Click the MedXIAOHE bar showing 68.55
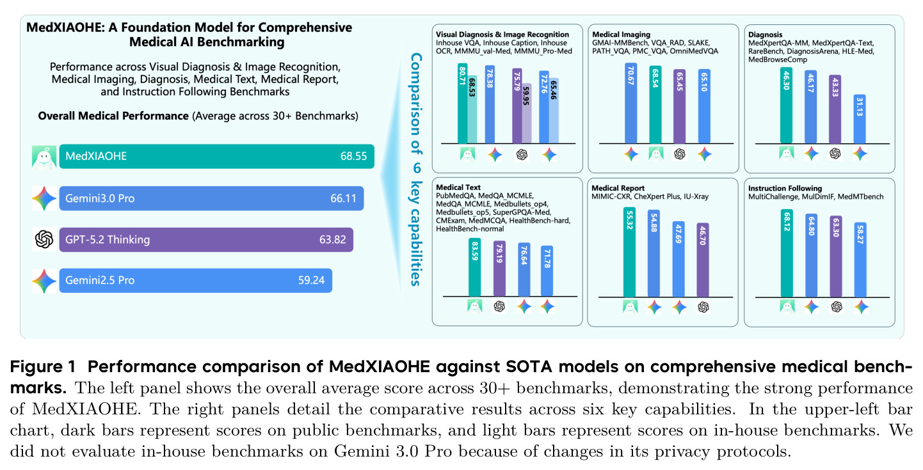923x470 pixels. tap(217, 156)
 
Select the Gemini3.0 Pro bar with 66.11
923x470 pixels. tap(211, 198)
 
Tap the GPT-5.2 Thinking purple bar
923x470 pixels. tap(206, 240)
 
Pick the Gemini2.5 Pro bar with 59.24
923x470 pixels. tap(196, 280)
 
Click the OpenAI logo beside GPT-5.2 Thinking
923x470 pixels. tap(44, 240)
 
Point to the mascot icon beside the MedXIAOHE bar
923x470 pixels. tap(44, 157)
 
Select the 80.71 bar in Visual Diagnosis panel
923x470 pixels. tap(462, 104)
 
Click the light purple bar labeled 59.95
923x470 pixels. tap(527, 114)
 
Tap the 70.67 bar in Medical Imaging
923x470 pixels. tap(631, 104)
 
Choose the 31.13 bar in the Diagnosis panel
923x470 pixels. tap(860, 120)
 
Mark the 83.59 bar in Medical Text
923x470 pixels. tap(475, 267)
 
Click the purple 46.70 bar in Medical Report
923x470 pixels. tap(703, 260)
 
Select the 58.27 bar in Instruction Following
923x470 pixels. tap(860, 260)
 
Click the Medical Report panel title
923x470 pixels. tap(618, 188)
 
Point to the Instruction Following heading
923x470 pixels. tap(785, 188)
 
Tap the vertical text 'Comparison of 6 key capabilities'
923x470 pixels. tap(416, 169)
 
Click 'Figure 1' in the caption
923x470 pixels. tap(43, 366)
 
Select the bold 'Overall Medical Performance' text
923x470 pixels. tap(113, 116)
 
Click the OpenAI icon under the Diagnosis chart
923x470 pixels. tap(835, 153)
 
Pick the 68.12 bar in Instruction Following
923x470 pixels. tap(787, 253)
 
